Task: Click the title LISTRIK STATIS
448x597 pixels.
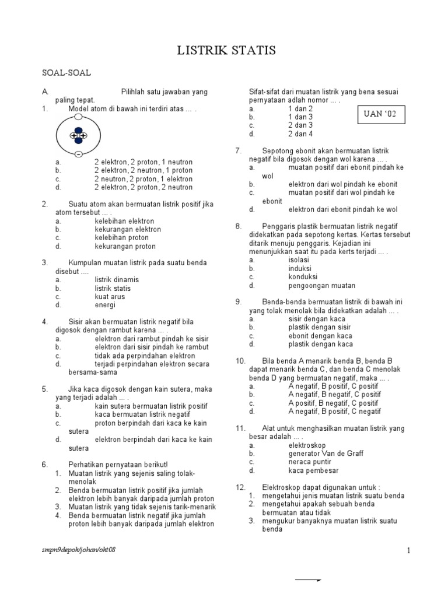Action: click(227, 51)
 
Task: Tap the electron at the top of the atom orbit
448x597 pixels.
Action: click(78, 117)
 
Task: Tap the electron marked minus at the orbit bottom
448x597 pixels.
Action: click(78, 154)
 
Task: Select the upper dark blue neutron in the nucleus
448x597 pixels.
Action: click(78, 131)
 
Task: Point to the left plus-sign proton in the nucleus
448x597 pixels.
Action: click(73, 136)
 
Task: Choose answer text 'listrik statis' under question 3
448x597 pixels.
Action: click(113, 289)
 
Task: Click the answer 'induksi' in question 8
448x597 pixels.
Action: click(300, 269)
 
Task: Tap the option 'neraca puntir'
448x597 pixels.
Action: click(310, 462)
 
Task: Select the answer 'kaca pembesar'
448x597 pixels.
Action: click(313, 470)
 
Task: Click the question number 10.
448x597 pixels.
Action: click(241, 361)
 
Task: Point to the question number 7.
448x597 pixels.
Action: click(239, 150)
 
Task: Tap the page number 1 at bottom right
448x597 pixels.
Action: click(409, 551)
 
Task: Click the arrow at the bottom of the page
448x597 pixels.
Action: click(309, 581)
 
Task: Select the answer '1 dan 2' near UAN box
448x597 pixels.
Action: click(300, 109)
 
